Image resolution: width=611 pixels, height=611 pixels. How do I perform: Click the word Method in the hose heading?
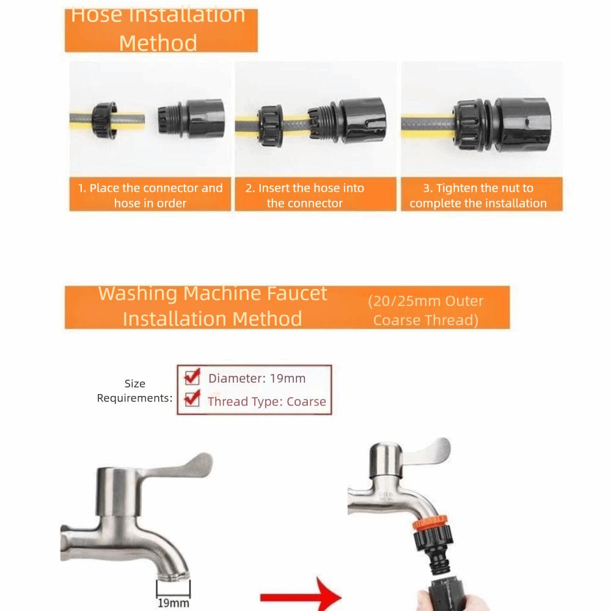coord(158,43)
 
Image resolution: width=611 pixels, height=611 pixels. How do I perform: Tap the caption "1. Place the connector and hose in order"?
coord(150,196)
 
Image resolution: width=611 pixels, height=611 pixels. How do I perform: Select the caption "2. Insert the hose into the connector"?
coord(305,196)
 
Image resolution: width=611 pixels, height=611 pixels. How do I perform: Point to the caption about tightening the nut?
coord(478,196)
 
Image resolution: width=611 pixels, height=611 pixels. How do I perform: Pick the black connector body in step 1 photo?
coord(193,117)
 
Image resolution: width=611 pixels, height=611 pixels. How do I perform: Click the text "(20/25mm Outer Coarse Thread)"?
coord(425,310)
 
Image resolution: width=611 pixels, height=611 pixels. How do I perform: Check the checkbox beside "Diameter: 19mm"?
coord(192,376)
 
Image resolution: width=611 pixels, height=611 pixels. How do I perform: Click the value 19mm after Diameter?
coord(287,378)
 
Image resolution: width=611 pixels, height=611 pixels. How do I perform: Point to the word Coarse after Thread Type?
coord(306,401)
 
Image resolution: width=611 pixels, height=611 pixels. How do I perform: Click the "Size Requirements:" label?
coord(134,391)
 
